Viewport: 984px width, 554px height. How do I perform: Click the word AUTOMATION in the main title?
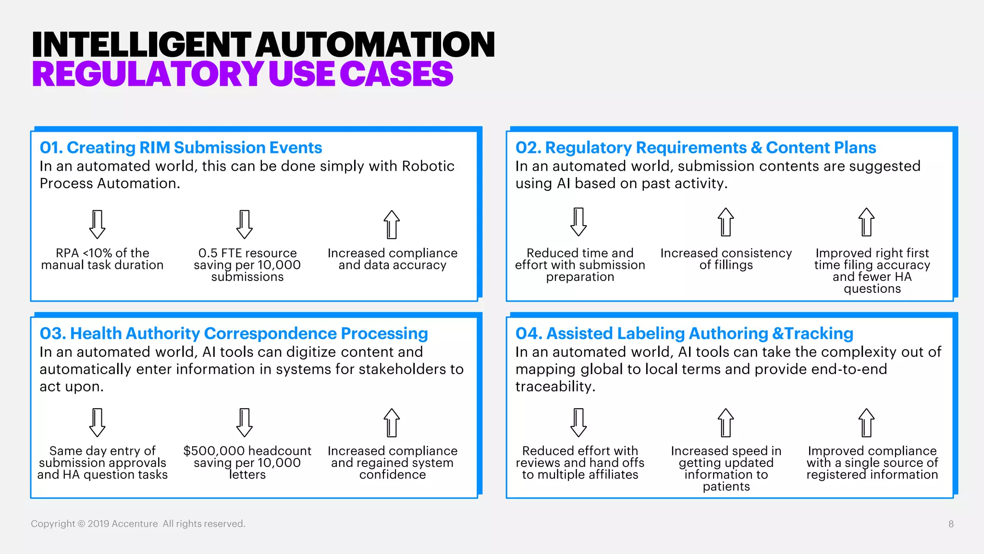[x=375, y=44]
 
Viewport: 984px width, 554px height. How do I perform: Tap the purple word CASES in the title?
[x=396, y=75]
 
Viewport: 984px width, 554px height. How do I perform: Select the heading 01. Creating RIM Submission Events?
[x=181, y=148]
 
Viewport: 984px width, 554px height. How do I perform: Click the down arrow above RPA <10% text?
[x=98, y=224]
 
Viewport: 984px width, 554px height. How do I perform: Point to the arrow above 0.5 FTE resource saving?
[x=245, y=224]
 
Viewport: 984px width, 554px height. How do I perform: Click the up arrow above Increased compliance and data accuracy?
[x=392, y=224]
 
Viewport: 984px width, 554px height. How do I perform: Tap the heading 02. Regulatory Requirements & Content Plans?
[x=695, y=148]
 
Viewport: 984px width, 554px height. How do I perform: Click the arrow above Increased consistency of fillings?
[x=726, y=222]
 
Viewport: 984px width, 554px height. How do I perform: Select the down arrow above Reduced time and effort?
[x=578, y=222]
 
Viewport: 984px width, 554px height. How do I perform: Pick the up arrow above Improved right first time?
[x=866, y=222]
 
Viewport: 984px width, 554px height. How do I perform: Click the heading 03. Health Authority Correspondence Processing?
[x=234, y=333]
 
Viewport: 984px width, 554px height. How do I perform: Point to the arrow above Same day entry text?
[x=98, y=422]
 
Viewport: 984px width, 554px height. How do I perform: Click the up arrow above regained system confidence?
[x=392, y=422]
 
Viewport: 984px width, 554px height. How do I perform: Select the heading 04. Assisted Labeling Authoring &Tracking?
[x=684, y=333]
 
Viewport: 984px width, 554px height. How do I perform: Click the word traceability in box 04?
[x=554, y=386]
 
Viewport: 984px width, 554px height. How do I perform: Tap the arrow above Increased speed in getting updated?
[x=726, y=422]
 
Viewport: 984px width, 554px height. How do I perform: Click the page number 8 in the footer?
[x=951, y=524]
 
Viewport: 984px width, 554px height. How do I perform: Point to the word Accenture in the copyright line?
[x=135, y=524]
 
